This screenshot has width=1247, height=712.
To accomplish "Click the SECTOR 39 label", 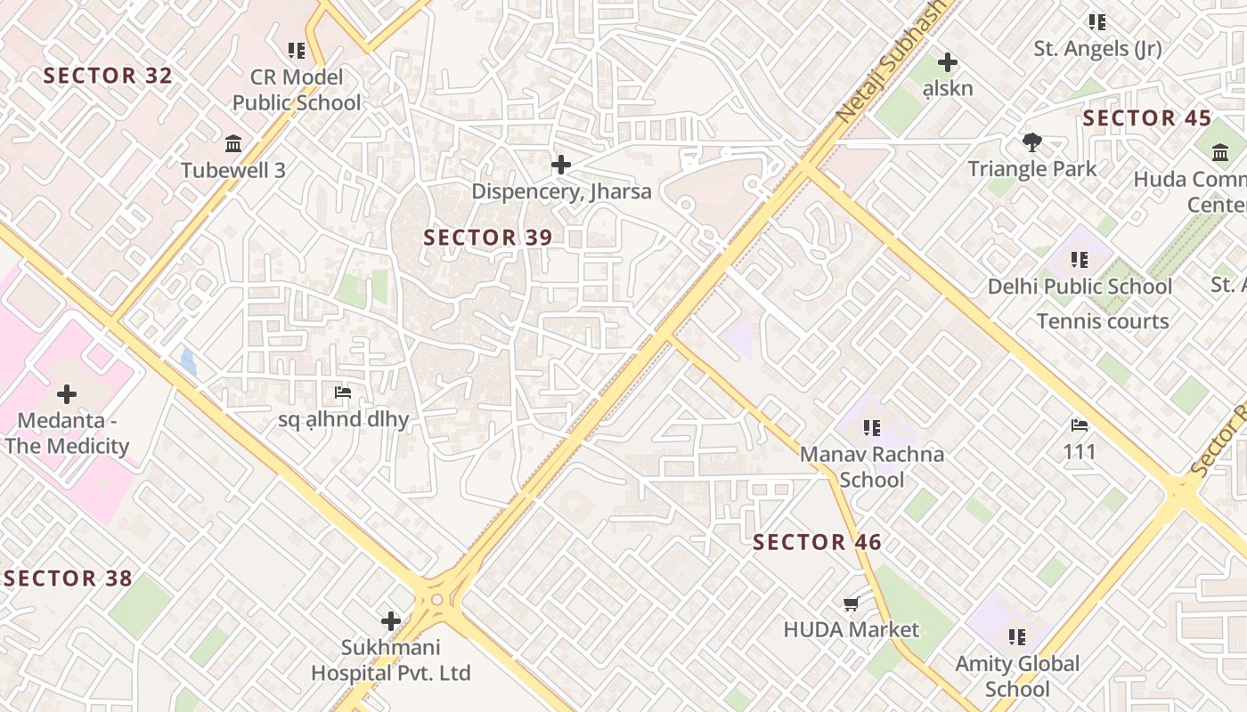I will (488, 238).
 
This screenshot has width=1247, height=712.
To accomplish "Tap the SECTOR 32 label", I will (108, 76).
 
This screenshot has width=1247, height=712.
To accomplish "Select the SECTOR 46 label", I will (817, 542).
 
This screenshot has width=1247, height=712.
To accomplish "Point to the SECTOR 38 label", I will (68, 578).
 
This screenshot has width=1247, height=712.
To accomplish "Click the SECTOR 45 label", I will (1147, 118).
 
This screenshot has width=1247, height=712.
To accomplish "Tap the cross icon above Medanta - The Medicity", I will (67, 393).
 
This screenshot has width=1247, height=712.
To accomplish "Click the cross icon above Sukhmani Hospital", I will (390, 621).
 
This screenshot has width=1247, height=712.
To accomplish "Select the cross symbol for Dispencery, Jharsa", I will (561, 165).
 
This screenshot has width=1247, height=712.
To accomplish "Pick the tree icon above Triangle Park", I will (1032, 142).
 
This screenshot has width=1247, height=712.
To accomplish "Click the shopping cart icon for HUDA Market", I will (851, 605).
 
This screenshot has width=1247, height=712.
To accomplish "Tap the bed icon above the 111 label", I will (1080, 425).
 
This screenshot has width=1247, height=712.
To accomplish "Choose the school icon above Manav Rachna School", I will (871, 428).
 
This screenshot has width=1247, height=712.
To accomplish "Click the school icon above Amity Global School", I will (1017, 637).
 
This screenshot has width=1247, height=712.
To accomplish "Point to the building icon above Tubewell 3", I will (233, 143).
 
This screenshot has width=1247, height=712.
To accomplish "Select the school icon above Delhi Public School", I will (1080, 260).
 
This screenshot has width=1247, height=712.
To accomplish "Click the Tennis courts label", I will (1103, 321).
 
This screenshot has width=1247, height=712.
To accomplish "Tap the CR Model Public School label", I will (297, 90).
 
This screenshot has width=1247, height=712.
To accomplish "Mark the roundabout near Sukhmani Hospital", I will (436, 600).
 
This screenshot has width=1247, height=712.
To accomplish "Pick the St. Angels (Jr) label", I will (1097, 49).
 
